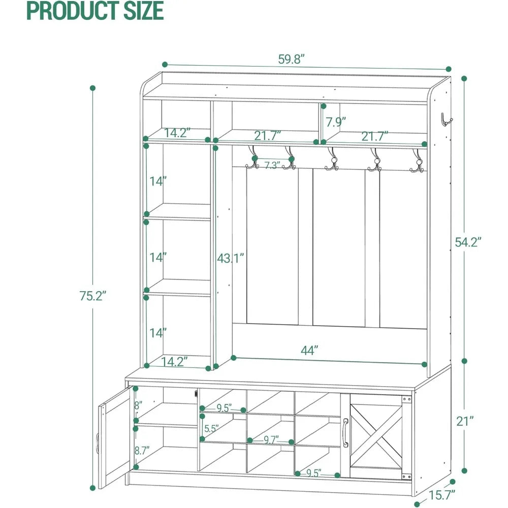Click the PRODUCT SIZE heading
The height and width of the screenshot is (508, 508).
[95, 11]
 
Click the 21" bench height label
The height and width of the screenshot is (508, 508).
[465, 420]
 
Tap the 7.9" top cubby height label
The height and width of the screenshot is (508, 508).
[336, 122]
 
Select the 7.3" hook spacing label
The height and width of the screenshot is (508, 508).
[272, 166]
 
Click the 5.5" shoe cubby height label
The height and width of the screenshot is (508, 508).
[210, 428]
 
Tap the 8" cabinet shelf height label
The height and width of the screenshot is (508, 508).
[138, 405]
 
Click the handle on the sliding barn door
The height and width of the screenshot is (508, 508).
[345, 432]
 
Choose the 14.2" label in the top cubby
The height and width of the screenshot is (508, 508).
[177, 133]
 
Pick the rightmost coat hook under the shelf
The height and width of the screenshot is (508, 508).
[417, 162]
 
